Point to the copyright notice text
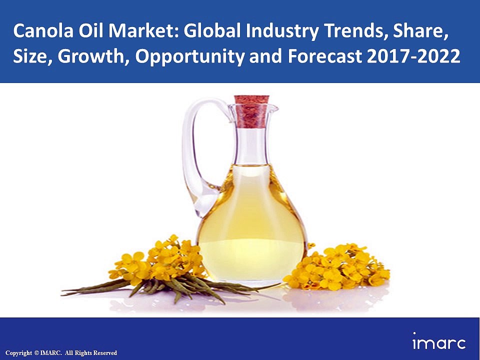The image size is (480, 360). point(60,353)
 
